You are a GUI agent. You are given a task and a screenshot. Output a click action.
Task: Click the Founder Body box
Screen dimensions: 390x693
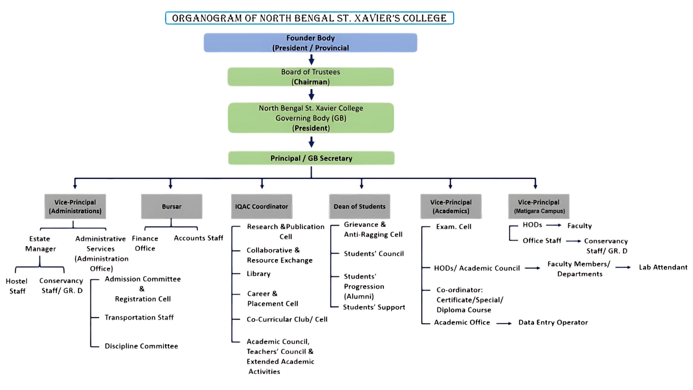coord(310,43)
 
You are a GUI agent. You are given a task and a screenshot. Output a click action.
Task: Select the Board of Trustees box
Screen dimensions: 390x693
coord(310,77)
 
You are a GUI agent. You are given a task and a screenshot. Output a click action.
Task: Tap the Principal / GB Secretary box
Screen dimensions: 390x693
coord(311,158)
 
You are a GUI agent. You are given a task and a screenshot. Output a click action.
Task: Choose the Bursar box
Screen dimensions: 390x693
coord(171,207)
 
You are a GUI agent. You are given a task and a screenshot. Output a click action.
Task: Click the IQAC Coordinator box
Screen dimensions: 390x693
coord(262,207)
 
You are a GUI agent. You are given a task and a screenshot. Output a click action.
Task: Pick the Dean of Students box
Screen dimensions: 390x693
coord(359,207)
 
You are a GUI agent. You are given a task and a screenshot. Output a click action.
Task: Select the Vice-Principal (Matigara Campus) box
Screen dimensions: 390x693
coord(539,207)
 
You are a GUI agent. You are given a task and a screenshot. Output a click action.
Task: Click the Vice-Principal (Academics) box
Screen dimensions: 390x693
coord(451,207)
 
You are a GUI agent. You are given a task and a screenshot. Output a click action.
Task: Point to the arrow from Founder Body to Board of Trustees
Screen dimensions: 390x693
coord(311,60)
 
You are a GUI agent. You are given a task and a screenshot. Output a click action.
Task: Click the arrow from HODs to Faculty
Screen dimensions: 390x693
coord(554,225)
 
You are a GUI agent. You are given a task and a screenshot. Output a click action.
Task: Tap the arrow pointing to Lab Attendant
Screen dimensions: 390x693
coord(623,268)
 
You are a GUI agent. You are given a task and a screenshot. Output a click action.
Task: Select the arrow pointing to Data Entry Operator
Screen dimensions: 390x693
coord(504,324)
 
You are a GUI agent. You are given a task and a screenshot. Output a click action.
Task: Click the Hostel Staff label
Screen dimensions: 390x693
coord(17,286)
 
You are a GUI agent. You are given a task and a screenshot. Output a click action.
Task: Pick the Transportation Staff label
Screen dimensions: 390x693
coord(139,317)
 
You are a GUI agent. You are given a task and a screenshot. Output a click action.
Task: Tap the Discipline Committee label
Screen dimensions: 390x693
coord(141,346)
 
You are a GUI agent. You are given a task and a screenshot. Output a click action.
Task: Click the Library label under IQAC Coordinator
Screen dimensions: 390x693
coord(258,274)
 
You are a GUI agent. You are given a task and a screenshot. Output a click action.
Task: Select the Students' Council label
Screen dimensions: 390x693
coord(374,253)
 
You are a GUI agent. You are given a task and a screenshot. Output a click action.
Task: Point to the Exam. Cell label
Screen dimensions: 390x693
coord(454,227)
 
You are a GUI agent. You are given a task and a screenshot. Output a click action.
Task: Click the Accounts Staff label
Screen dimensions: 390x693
coord(199,238)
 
